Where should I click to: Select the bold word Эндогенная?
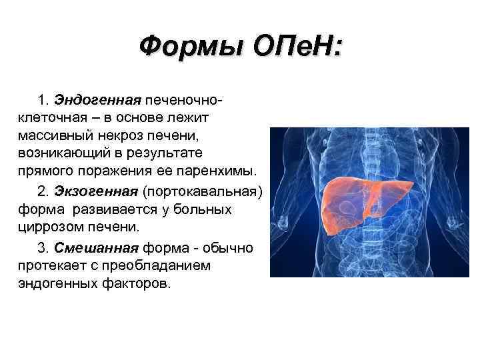[x=97, y=100]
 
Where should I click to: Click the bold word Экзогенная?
[x=97, y=192]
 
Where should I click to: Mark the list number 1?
[x=43, y=100]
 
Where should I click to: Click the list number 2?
[x=43, y=192]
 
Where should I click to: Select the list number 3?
[x=43, y=248]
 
